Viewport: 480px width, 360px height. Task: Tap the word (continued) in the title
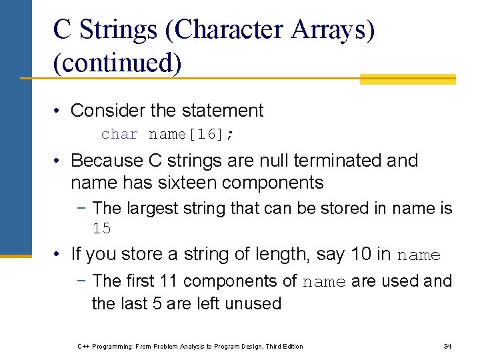coord(117,63)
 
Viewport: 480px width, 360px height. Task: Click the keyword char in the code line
coord(119,134)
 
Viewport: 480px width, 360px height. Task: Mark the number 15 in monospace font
coord(101,229)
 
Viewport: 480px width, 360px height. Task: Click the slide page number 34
coord(447,346)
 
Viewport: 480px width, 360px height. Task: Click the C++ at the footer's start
coord(83,346)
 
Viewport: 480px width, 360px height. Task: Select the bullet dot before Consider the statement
coord(59,111)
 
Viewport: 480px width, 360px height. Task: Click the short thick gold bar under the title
coord(407,79)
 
